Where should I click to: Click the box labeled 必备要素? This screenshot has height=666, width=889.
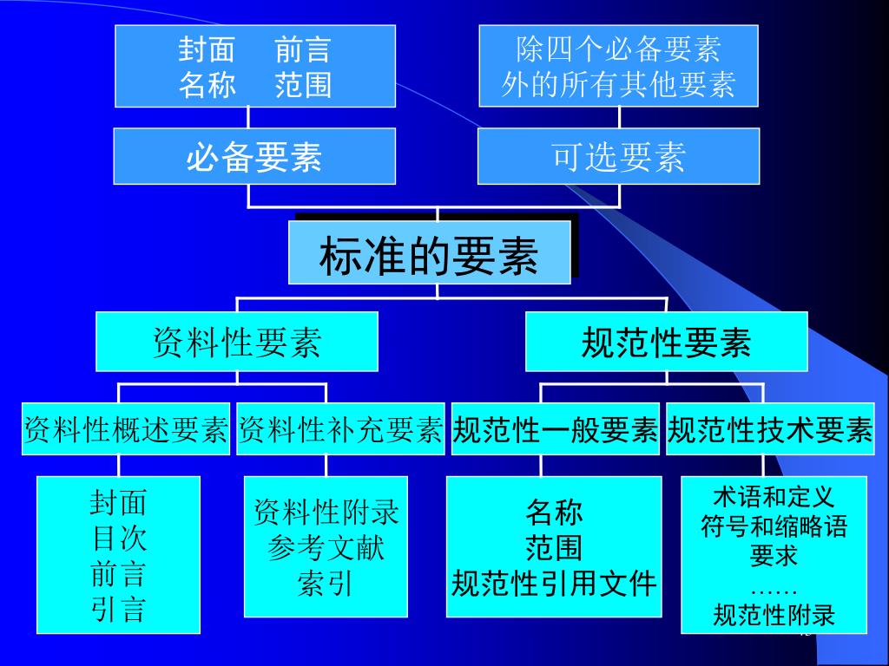point(254,157)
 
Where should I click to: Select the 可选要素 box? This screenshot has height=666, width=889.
point(618,157)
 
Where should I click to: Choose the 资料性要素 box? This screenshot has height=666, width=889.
point(236,342)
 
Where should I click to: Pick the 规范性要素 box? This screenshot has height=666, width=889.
point(666,342)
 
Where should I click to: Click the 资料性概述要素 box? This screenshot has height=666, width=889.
point(126,429)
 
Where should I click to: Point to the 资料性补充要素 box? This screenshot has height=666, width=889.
point(340,429)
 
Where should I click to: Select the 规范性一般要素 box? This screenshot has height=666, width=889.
point(555,429)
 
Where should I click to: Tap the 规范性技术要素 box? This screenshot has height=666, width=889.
point(770,429)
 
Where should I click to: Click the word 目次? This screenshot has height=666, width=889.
point(119,539)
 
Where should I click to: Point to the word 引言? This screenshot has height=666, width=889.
point(119,610)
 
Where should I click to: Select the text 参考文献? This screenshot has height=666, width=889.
point(326,548)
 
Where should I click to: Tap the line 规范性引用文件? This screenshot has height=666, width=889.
point(554,584)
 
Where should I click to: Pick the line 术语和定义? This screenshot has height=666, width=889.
point(774,497)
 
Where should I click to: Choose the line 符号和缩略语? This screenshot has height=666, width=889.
point(774,526)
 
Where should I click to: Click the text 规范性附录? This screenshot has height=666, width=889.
point(774,615)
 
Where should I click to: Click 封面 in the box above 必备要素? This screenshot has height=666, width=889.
point(207,49)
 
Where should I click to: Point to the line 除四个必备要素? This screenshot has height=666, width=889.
point(618,49)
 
